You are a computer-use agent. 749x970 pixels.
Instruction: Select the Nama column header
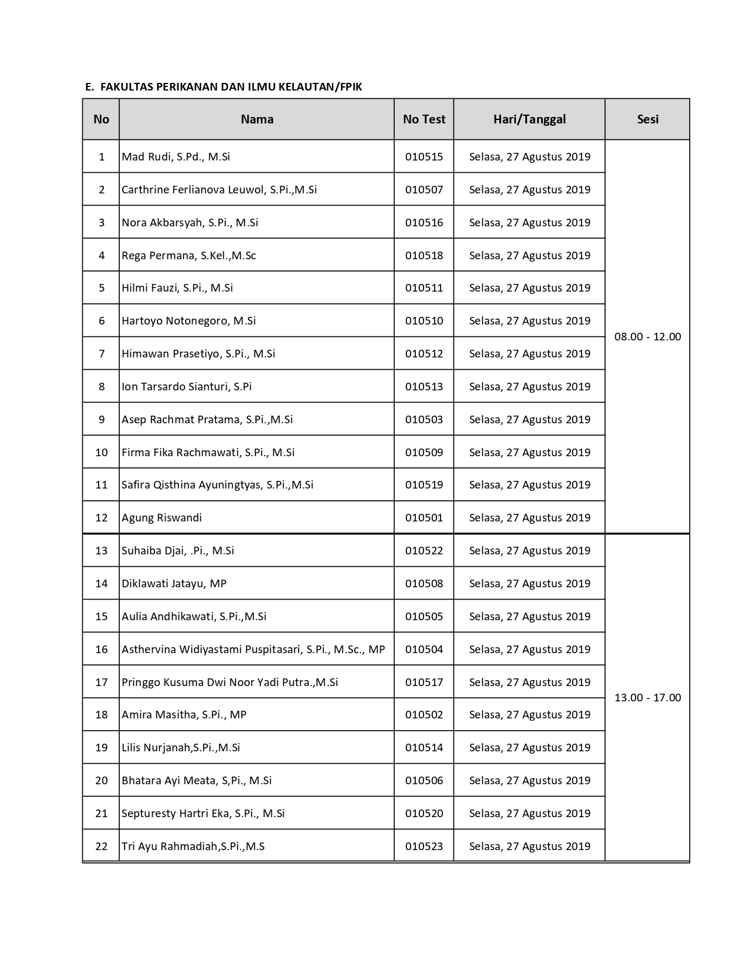pyautogui.click(x=257, y=119)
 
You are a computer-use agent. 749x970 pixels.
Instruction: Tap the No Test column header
pyautogui.click(x=424, y=119)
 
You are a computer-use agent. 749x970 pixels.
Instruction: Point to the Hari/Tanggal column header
pyautogui.click(x=529, y=119)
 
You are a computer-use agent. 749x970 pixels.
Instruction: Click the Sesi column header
pyautogui.click(x=647, y=119)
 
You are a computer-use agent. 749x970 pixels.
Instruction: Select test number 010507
pyautogui.click(x=424, y=190)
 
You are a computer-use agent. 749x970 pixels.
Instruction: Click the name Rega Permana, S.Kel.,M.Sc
pyautogui.click(x=189, y=256)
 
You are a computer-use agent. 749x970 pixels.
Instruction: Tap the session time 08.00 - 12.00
pyautogui.click(x=647, y=337)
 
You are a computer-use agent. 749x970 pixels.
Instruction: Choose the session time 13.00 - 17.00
pyautogui.click(x=647, y=698)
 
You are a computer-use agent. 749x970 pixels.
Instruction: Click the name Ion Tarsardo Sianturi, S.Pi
pyautogui.click(x=186, y=387)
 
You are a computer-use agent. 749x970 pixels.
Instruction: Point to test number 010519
pyautogui.click(x=424, y=485)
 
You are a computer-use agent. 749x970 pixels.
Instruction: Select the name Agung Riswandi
pyautogui.click(x=162, y=518)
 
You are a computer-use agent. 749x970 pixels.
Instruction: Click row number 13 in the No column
pyautogui.click(x=101, y=551)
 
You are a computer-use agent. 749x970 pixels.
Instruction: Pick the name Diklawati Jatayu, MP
pyautogui.click(x=174, y=584)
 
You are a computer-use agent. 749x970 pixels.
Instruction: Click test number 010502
pyautogui.click(x=424, y=715)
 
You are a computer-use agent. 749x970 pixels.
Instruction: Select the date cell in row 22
pyautogui.click(x=529, y=847)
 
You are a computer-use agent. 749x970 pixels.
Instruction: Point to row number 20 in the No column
pyautogui.click(x=101, y=781)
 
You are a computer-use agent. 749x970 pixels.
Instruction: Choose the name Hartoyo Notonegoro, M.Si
pyautogui.click(x=189, y=321)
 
